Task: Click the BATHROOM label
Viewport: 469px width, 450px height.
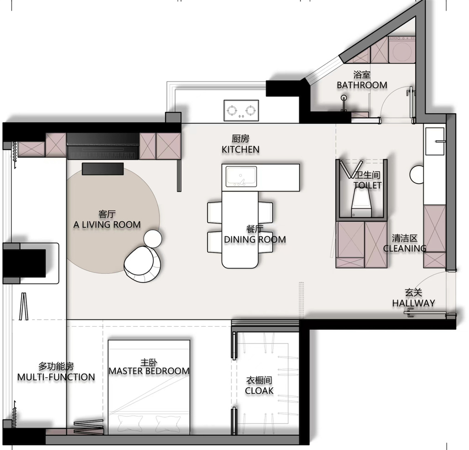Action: (x=362, y=85)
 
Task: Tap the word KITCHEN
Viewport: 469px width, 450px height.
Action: (x=241, y=149)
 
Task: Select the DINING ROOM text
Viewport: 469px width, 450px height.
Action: (x=255, y=239)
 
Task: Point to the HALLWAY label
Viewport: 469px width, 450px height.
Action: (x=414, y=303)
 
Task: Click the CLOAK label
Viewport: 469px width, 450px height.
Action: (x=259, y=391)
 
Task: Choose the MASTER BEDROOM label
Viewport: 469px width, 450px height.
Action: (x=149, y=371)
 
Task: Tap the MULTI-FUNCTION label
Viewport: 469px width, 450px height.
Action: (x=56, y=377)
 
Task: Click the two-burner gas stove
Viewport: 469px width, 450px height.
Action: (x=241, y=110)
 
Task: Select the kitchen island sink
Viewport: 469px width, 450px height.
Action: (x=241, y=176)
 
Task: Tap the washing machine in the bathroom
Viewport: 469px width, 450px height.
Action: (x=402, y=49)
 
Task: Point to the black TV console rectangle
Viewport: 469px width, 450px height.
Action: (x=103, y=169)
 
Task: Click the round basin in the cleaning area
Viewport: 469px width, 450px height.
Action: (x=417, y=175)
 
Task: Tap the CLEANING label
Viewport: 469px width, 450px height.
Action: (x=405, y=248)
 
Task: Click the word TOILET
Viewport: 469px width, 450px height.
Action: (x=367, y=185)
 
